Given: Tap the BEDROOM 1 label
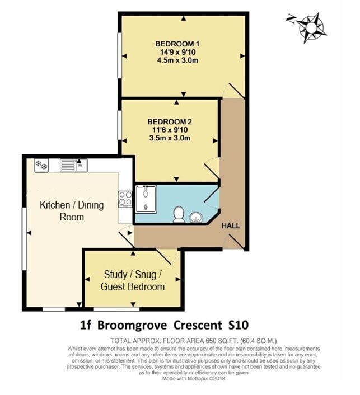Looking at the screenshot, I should [177, 44].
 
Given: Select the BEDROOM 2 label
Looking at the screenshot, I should [170, 121].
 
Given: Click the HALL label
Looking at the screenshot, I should [231, 225].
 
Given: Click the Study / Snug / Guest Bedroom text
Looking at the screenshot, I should [133, 280].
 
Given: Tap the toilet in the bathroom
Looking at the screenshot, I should [179, 213].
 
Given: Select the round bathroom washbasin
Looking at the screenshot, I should [196, 215].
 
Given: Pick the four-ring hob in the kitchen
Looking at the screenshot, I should [124, 198].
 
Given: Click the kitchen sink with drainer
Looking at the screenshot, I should [73, 165].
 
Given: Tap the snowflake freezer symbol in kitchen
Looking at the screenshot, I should [41, 165].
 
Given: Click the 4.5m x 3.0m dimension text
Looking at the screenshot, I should [177, 60].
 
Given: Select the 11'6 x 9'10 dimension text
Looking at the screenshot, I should [170, 130].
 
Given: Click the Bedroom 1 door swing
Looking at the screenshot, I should [234, 91].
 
